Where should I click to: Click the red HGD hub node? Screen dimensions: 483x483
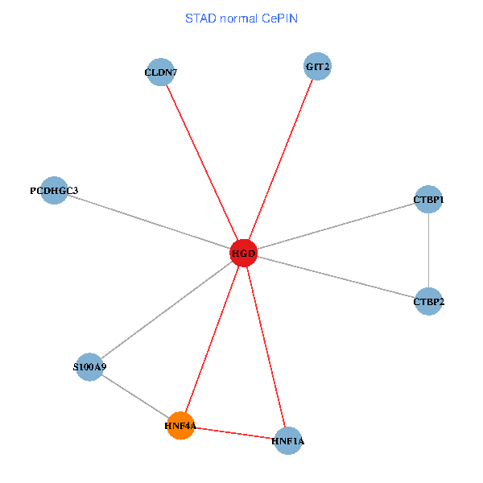pyautogui.click(x=243, y=253)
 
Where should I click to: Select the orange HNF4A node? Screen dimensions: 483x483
pyautogui.click(x=181, y=426)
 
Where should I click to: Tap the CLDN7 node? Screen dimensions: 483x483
pyautogui.click(x=161, y=72)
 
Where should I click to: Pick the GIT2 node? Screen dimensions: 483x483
pyautogui.click(x=318, y=66)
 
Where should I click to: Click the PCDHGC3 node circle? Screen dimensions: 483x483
pyautogui.click(x=54, y=190)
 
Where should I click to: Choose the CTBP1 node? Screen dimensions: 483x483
pyautogui.click(x=428, y=199)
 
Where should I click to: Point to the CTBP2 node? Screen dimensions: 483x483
pyautogui.click(x=428, y=302)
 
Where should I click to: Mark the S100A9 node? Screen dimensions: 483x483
pyautogui.click(x=89, y=367)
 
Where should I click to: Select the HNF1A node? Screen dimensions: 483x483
pyautogui.click(x=287, y=440)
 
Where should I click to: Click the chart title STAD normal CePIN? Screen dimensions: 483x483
pyautogui.click(x=242, y=18)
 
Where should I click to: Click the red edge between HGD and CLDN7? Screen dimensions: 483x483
pyautogui.click(x=202, y=163)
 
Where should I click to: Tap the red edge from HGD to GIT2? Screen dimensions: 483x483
pyautogui.click(x=280, y=159)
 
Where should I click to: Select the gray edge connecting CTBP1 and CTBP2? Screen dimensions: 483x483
pyautogui.click(x=428, y=250)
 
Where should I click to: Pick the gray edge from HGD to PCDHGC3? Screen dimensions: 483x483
pyautogui.click(x=149, y=221)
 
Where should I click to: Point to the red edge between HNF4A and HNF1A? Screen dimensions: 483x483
pyautogui.click(x=234, y=433)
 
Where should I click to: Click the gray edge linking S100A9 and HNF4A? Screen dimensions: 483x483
pyautogui.click(x=135, y=397)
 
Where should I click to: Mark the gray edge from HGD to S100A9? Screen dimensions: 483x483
pyautogui.click(x=167, y=310)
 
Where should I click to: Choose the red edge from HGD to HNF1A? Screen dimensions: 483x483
pyautogui.click(x=266, y=347)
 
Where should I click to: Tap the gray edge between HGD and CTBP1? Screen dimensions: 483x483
pyautogui.click(x=336, y=226)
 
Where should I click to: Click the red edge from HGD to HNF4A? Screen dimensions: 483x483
pyautogui.click(x=213, y=339)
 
